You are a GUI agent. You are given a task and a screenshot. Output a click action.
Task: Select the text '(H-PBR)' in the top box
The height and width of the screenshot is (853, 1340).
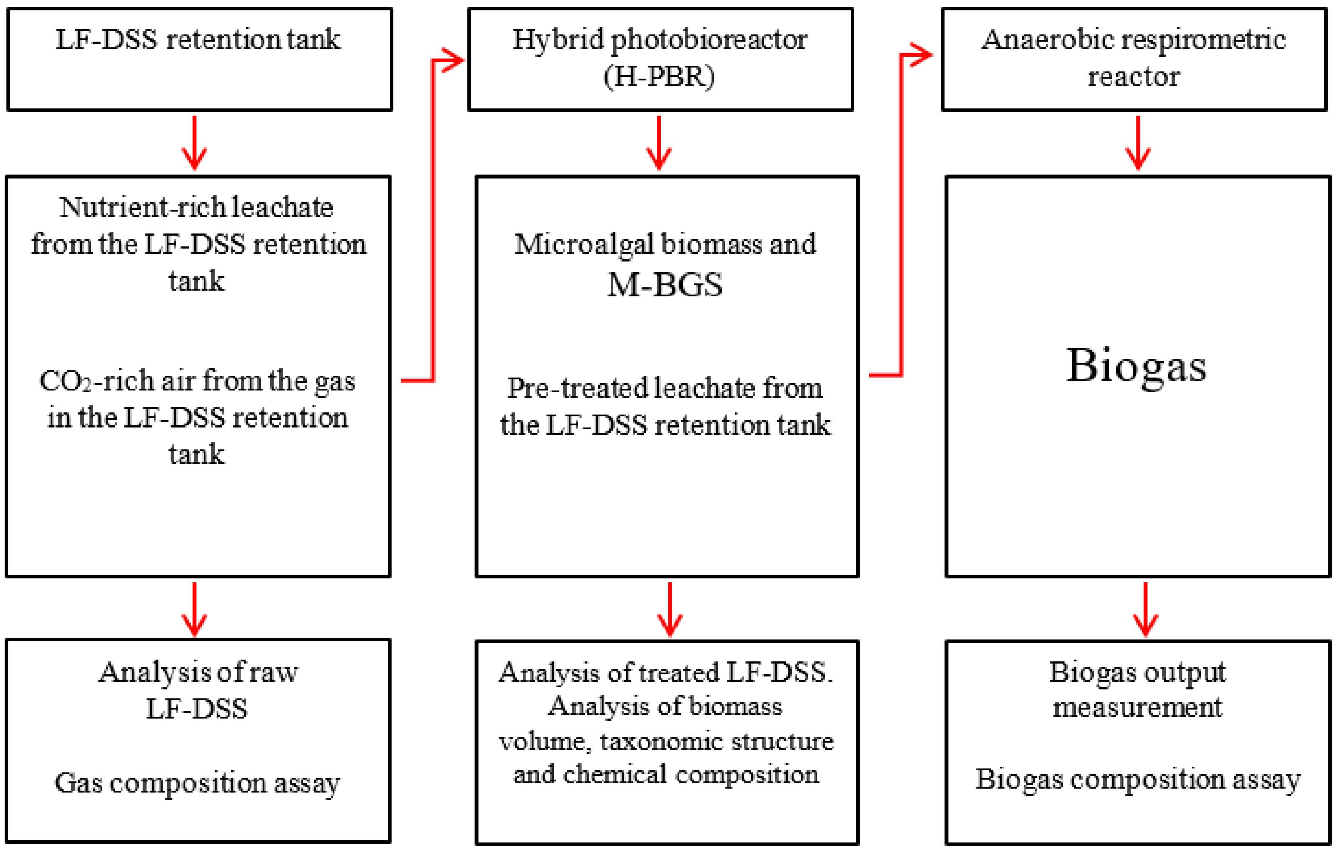tap(660, 77)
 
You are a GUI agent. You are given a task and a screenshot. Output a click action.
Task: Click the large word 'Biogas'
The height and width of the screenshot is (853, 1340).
tap(1136, 366)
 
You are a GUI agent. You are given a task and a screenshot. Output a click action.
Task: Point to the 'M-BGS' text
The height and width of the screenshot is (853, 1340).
tap(665, 285)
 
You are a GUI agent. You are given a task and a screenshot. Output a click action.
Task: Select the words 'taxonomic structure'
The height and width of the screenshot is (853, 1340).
tap(717, 742)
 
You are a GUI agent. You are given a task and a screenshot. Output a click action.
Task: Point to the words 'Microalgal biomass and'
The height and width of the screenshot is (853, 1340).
tap(665, 244)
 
